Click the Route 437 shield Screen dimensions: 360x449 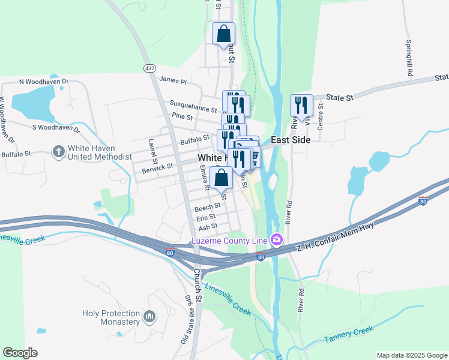click(x=149, y=68)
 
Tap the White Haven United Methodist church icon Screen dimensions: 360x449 click(x=59, y=151)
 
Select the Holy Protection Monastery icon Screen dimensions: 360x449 click(x=150, y=316)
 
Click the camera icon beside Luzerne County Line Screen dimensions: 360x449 click(x=276, y=241)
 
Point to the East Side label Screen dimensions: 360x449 click(x=291, y=140)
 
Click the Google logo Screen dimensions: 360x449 click(x=20, y=353)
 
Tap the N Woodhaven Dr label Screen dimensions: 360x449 click(x=44, y=82)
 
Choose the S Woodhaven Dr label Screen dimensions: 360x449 click(x=56, y=127)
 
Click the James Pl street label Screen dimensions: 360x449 click(x=173, y=80)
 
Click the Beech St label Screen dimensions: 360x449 click(x=208, y=207)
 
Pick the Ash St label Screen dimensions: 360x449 click(x=207, y=227)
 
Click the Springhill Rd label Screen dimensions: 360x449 click(x=409, y=58)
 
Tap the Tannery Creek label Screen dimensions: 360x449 click(x=349, y=335)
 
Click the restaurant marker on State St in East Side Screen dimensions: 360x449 click(x=300, y=106)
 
